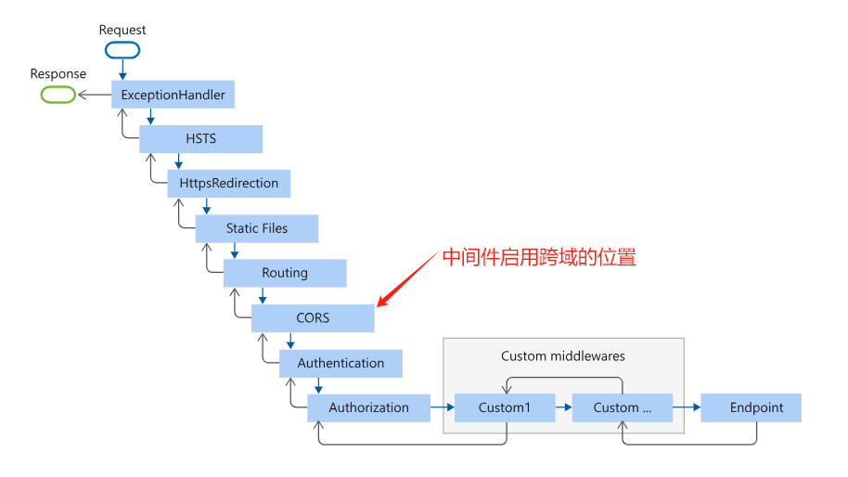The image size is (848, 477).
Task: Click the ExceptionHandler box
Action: [x=173, y=95]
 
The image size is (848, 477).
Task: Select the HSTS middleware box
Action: [x=201, y=139]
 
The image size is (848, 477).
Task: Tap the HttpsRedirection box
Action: [x=229, y=184]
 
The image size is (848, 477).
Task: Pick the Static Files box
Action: [x=257, y=228]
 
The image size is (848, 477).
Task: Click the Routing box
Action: [x=285, y=273]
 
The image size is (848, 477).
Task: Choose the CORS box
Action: [x=313, y=318]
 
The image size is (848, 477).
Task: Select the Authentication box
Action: [x=340, y=363]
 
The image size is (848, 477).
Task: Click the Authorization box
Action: [x=368, y=407]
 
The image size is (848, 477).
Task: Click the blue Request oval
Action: [x=122, y=50]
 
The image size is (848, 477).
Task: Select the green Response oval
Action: [x=58, y=94]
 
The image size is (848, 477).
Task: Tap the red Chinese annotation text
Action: [x=539, y=257]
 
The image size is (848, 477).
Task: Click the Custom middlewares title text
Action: [x=563, y=355]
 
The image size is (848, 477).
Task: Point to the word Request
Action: [x=122, y=30]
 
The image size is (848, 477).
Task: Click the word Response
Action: [x=58, y=74]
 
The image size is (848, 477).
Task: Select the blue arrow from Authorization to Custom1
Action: [x=442, y=407]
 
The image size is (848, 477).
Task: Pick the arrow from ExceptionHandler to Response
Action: [x=94, y=95]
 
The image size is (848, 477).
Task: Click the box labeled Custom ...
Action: [x=622, y=407]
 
